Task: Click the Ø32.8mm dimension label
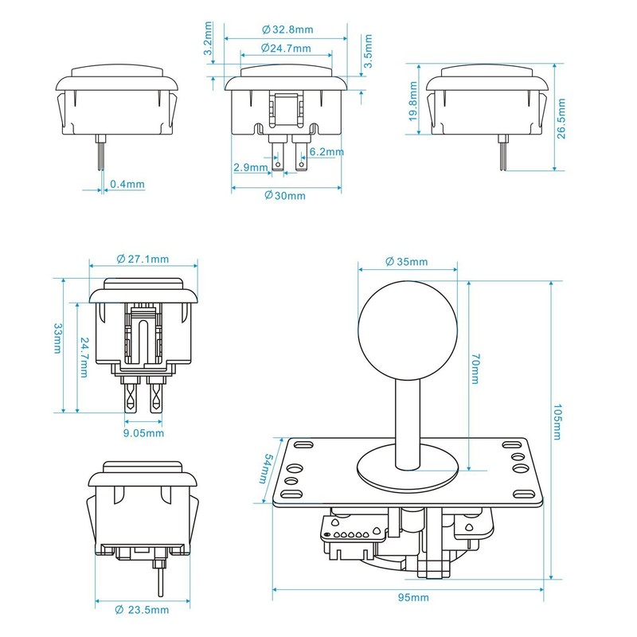click(x=287, y=29)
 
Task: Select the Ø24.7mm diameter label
click(x=287, y=49)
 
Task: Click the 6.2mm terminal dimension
click(x=326, y=151)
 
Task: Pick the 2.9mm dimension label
click(x=251, y=167)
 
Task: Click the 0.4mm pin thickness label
click(x=127, y=184)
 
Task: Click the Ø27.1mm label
click(x=143, y=259)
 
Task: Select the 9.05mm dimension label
click(x=144, y=433)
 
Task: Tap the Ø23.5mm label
click(x=143, y=610)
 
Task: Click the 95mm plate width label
click(x=410, y=597)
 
